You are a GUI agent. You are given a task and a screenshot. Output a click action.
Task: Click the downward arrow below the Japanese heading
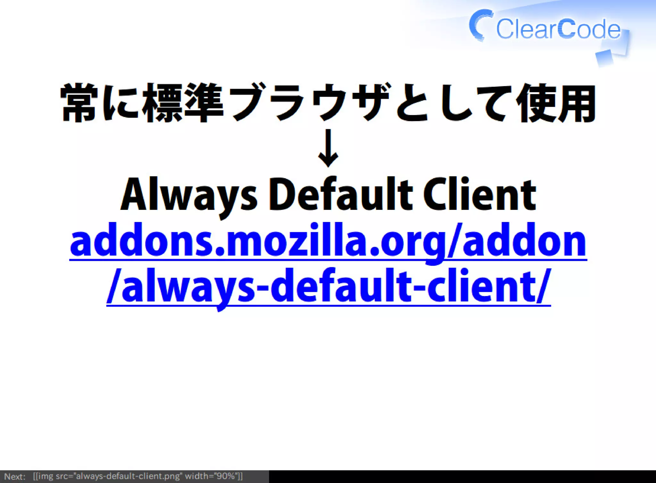point(328,148)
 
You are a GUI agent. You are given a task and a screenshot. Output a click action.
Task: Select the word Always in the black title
point(189,195)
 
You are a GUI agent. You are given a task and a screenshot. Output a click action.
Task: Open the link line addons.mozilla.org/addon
point(328,241)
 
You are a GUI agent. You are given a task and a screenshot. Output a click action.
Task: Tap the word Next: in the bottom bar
point(15,476)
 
